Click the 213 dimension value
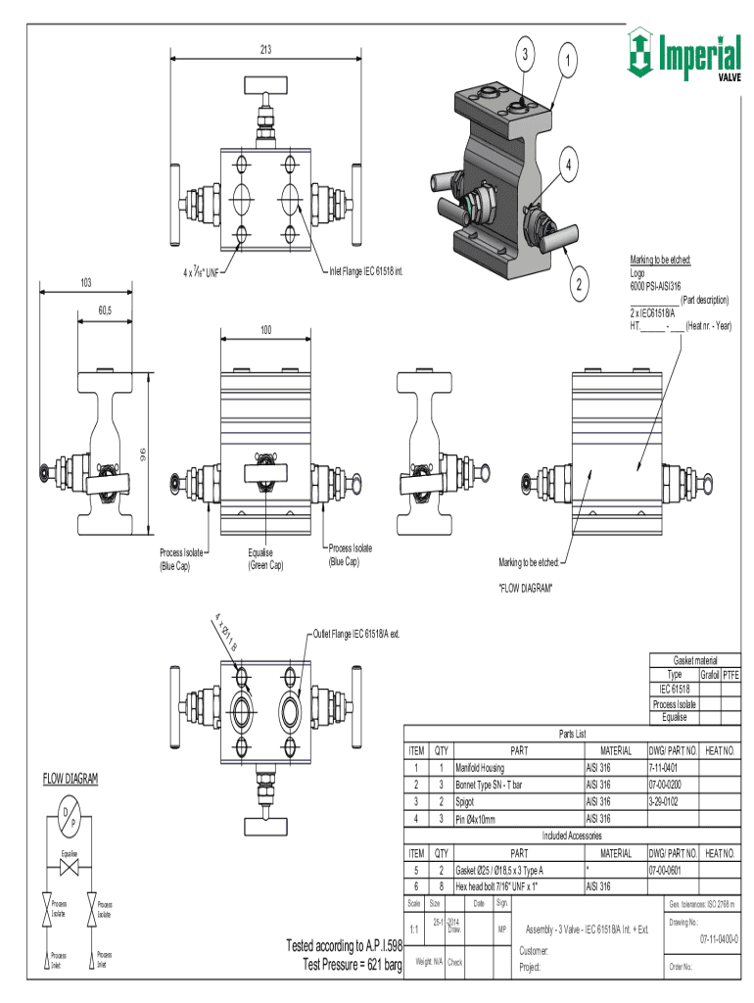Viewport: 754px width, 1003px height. (x=264, y=49)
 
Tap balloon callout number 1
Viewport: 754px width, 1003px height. (x=565, y=61)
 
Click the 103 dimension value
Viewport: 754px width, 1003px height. (x=86, y=282)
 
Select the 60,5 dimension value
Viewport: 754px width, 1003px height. (x=105, y=310)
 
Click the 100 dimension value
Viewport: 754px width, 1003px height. (x=265, y=330)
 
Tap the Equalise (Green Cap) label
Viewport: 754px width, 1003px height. (x=264, y=559)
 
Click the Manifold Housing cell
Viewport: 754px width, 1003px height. (x=480, y=767)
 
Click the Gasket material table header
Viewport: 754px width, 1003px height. (x=694, y=660)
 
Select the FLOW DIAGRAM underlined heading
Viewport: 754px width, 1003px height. (x=70, y=779)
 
